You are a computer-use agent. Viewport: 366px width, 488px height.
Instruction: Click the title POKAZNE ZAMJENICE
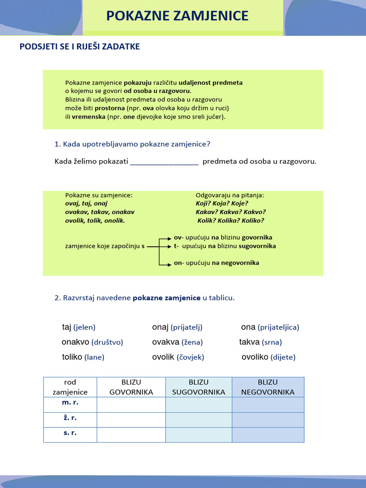pyautogui.click(x=177, y=16)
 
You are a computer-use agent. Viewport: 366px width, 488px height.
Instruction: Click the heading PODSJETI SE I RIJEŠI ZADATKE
pyautogui.click(x=80, y=47)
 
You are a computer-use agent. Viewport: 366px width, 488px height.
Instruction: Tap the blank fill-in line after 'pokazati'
pyautogui.click(x=164, y=162)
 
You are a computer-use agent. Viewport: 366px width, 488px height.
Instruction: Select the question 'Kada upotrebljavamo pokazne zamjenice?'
pyautogui.click(x=132, y=144)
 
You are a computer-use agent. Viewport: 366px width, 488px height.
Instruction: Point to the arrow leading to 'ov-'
pyautogui.click(x=165, y=237)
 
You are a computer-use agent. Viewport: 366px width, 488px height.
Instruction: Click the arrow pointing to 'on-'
pyautogui.click(x=165, y=263)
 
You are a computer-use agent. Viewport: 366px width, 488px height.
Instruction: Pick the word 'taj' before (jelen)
pyautogui.click(x=67, y=327)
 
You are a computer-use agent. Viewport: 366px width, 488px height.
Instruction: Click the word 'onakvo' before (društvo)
pyautogui.click(x=75, y=342)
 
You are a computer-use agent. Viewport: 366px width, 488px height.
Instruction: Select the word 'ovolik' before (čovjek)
pyautogui.click(x=163, y=357)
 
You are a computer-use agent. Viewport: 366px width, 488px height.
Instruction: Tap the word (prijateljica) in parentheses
pyautogui.click(x=278, y=327)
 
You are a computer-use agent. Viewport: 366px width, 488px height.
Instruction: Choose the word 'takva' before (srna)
pyautogui.click(x=249, y=342)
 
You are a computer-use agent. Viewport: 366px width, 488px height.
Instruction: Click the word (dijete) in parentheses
pyautogui.click(x=283, y=357)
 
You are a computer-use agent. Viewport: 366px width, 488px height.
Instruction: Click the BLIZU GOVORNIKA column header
pyautogui.click(x=131, y=387)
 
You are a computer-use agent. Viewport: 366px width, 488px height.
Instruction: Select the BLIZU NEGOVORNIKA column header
pyautogui.click(x=268, y=387)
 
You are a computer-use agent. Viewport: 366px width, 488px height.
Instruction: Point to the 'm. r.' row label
pyautogui.click(x=70, y=403)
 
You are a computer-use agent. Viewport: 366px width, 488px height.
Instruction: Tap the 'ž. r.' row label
pyautogui.click(x=70, y=418)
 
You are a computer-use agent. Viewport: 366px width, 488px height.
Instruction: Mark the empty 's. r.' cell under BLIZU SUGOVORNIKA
pyautogui.click(x=199, y=435)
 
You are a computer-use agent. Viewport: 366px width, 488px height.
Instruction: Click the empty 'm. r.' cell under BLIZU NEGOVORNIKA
pyautogui.click(x=268, y=405)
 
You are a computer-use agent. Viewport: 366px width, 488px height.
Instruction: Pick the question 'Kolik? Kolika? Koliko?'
pyautogui.click(x=231, y=221)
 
